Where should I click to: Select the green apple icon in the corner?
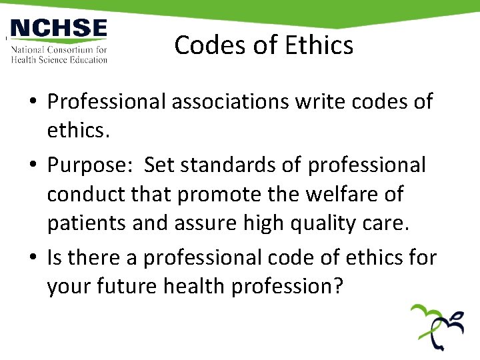[x=437, y=327]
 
